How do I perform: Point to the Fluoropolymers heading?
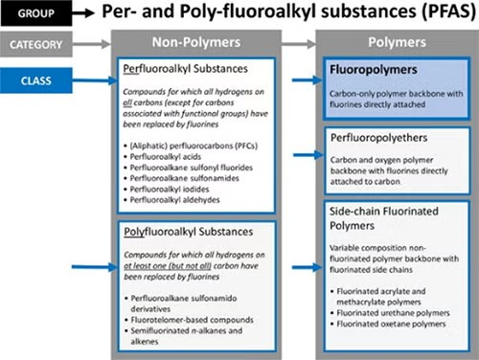click(x=370, y=71)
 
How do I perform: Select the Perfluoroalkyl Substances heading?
click(x=188, y=71)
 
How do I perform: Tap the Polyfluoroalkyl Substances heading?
click(x=190, y=233)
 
